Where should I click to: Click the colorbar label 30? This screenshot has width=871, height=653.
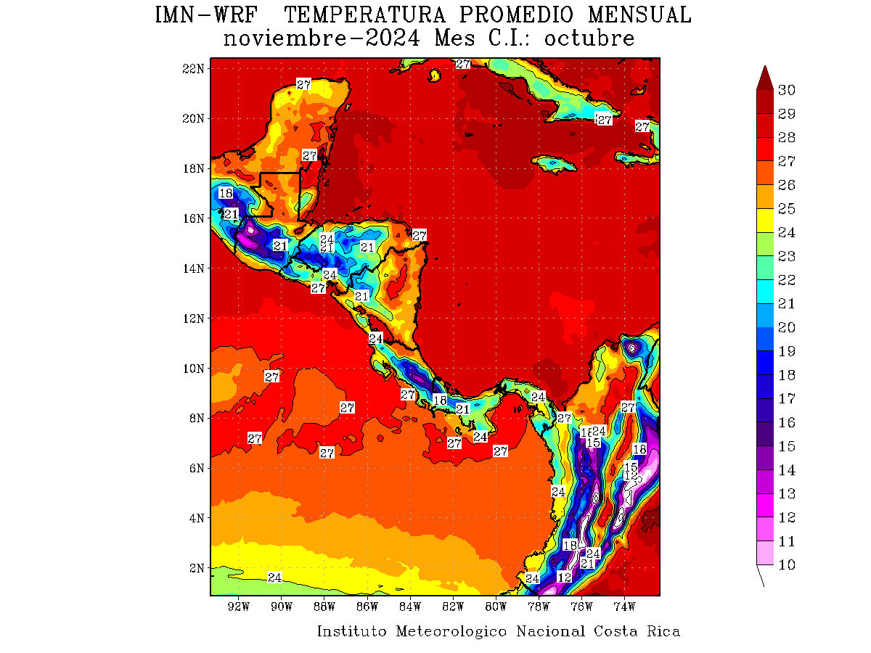[x=786, y=90]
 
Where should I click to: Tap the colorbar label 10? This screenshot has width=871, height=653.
[x=786, y=565]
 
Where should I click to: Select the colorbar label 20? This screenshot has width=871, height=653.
[x=786, y=327]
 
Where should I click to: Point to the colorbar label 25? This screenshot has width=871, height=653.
[x=786, y=208]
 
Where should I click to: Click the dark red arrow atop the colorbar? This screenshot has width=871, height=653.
[x=764, y=78]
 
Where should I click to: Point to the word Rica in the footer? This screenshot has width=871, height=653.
[x=663, y=631]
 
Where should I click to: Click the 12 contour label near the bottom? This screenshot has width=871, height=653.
[x=565, y=578]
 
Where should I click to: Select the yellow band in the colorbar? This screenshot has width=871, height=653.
[x=764, y=221]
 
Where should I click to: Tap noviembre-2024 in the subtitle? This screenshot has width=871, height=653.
[x=321, y=38]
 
